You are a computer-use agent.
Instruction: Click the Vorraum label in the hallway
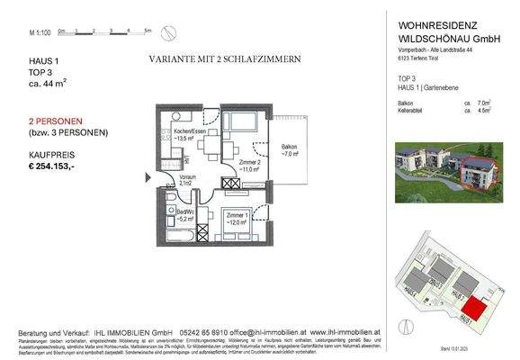coord(186,179)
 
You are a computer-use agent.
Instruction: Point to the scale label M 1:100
coord(39,32)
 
